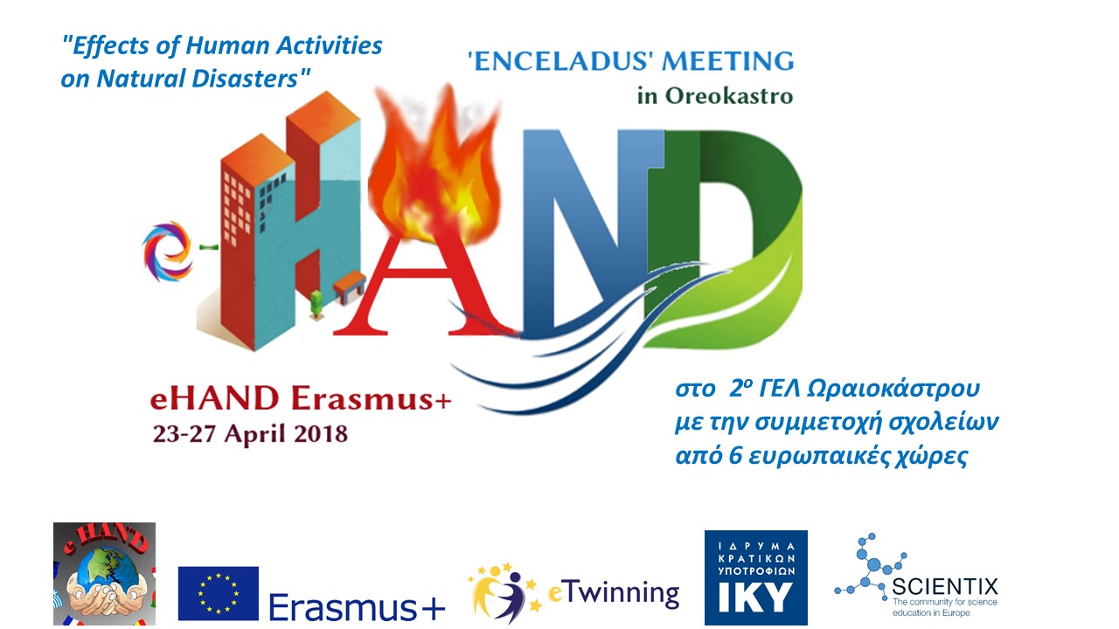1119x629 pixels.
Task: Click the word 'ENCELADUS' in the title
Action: point(558,61)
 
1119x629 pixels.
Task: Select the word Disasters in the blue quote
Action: point(251,79)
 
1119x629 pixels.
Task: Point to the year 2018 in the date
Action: point(320,433)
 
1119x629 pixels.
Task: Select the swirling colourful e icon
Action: point(167,251)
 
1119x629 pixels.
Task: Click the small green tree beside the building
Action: point(316,304)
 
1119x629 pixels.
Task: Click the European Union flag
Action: point(219,593)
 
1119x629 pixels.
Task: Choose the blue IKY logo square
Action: point(756,577)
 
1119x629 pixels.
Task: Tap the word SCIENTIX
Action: point(945,586)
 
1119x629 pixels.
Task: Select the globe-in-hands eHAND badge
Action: point(104,574)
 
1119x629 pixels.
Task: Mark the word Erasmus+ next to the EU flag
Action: point(357,606)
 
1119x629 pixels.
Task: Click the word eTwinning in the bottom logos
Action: point(614,593)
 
